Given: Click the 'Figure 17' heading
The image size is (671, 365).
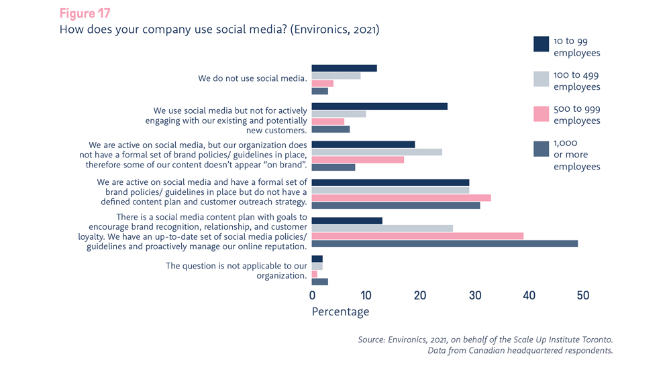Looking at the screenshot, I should coord(85,13).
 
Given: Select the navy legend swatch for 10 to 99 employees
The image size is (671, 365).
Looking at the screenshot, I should coord(541,44).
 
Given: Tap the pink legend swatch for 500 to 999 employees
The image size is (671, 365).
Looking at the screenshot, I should coord(541,114).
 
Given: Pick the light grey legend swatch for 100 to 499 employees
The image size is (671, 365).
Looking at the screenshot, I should coord(541,79).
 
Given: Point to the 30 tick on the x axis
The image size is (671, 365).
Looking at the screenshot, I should coord(474,295).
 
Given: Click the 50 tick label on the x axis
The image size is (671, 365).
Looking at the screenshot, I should coord(582,295).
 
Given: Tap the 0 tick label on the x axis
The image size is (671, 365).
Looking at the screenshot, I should coord(312,295).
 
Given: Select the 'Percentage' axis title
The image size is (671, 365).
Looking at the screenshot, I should coord(340,311).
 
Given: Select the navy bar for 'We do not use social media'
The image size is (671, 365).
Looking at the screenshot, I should coord(344,68).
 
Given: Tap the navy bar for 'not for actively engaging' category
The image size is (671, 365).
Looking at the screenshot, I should coord(379,106).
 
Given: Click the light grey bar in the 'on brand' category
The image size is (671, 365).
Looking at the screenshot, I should coord(376,152).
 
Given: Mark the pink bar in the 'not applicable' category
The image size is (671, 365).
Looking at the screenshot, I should coord(315,274).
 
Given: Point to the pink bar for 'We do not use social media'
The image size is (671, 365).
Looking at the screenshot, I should coord(323,84).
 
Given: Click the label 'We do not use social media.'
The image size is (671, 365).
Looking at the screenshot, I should coord(252,78).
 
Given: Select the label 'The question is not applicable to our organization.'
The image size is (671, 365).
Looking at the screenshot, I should coord(236,271).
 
